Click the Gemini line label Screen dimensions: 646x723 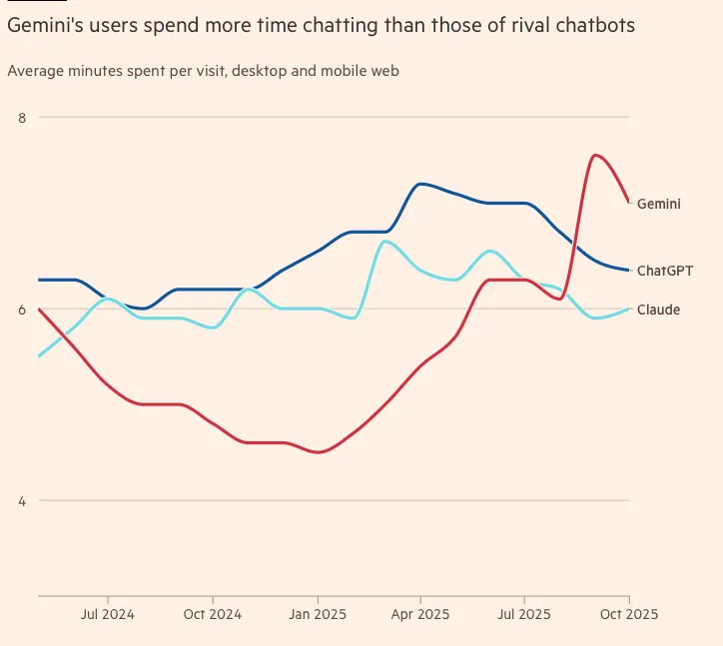pyautogui.click(x=659, y=204)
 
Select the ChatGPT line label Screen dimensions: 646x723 pyautogui.click(x=665, y=271)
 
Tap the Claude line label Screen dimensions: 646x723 pyautogui.click(x=658, y=311)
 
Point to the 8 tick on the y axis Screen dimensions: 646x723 pyautogui.click(x=22, y=118)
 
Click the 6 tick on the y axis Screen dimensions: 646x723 pyautogui.click(x=22, y=310)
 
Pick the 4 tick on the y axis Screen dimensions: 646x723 pyautogui.click(x=22, y=501)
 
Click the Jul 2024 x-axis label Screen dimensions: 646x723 pyautogui.click(x=108, y=614)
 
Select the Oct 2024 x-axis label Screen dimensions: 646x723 pyautogui.click(x=212, y=614)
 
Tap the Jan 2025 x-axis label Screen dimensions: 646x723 pyautogui.click(x=317, y=614)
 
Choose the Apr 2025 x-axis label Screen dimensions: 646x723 pyautogui.click(x=419, y=614)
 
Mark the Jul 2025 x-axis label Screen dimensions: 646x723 pyautogui.click(x=523, y=614)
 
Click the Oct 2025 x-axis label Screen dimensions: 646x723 pyautogui.click(x=628, y=614)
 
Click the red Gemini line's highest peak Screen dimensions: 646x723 pyautogui.click(x=595, y=155)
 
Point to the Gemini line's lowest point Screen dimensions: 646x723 pyautogui.click(x=318, y=452)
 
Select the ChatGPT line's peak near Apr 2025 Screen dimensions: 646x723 pyautogui.click(x=421, y=184)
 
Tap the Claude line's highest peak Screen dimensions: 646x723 pyautogui.click(x=385, y=242)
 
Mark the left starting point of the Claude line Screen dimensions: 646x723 pyautogui.click(x=39, y=355)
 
